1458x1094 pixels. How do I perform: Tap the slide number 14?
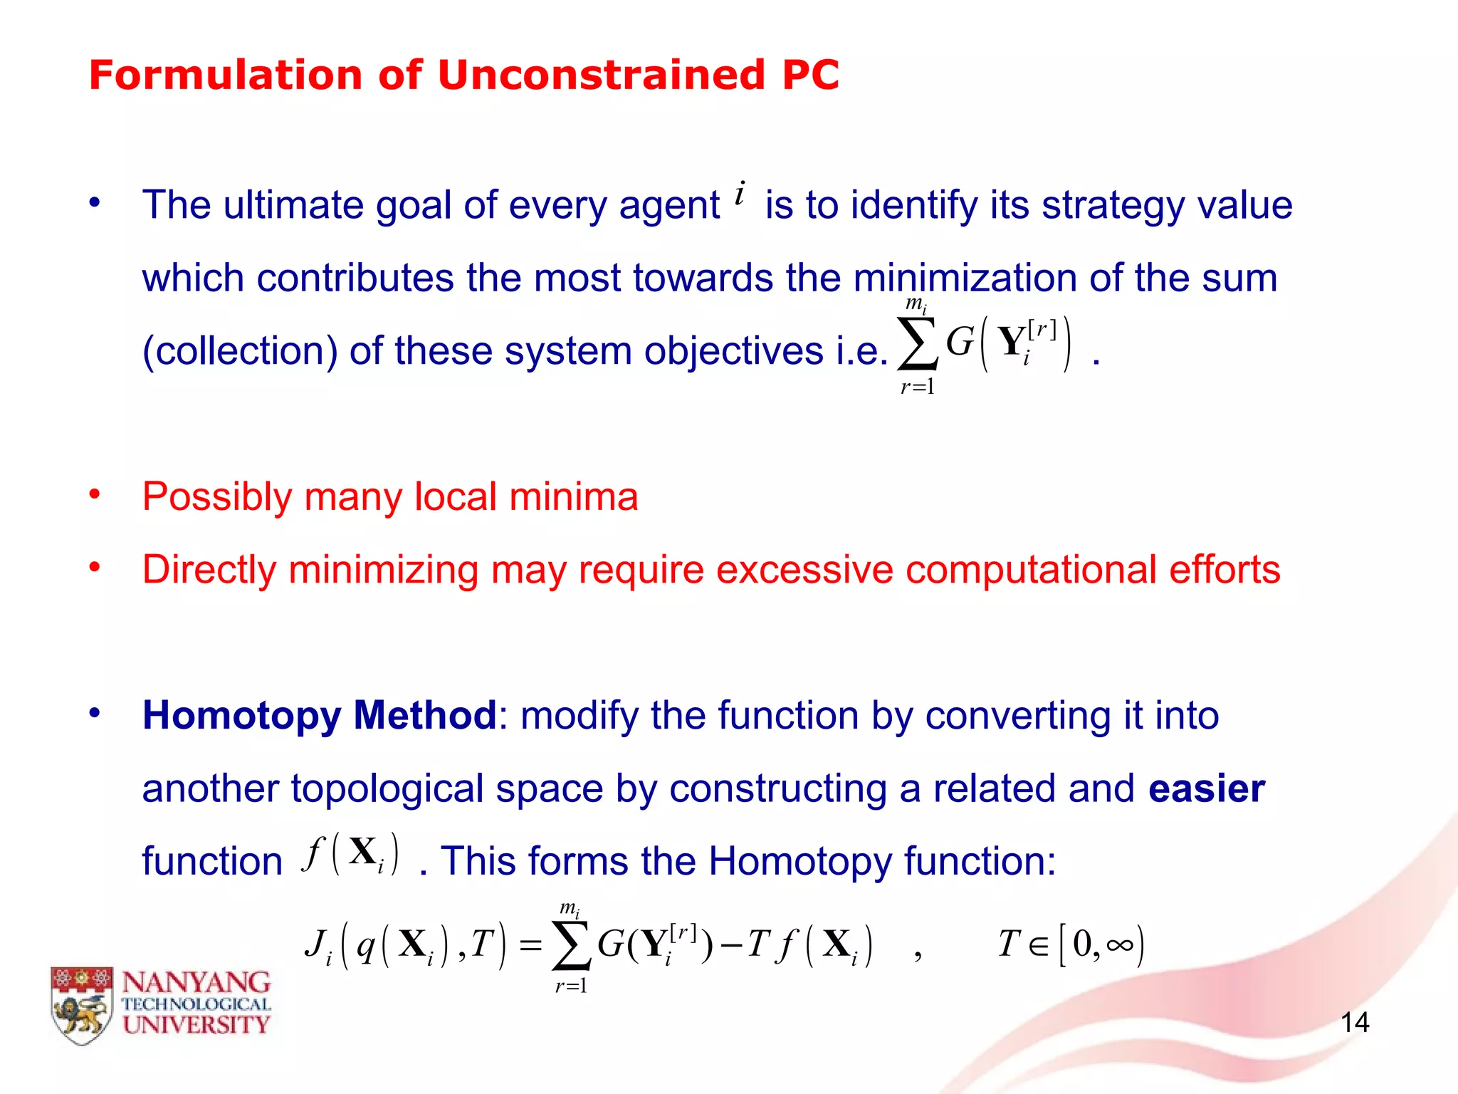click(x=1354, y=1023)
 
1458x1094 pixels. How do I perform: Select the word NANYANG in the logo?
click(x=196, y=983)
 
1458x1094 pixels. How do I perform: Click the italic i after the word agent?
click(x=740, y=194)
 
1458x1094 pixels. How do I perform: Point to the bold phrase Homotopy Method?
click(x=319, y=715)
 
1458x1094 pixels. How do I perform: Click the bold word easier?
click(x=1207, y=788)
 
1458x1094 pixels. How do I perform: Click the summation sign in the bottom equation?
click(x=572, y=946)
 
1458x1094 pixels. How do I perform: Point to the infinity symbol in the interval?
click(x=1119, y=945)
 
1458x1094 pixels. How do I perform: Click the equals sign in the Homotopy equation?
click(x=530, y=946)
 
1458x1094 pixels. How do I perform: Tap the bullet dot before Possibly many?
click(x=95, y=494)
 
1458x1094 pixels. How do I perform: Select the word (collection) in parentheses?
click(x=239, y=351)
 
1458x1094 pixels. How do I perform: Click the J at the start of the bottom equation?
click(x=315, y=944)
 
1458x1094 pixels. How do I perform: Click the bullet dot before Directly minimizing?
click(x=95, y=567)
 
